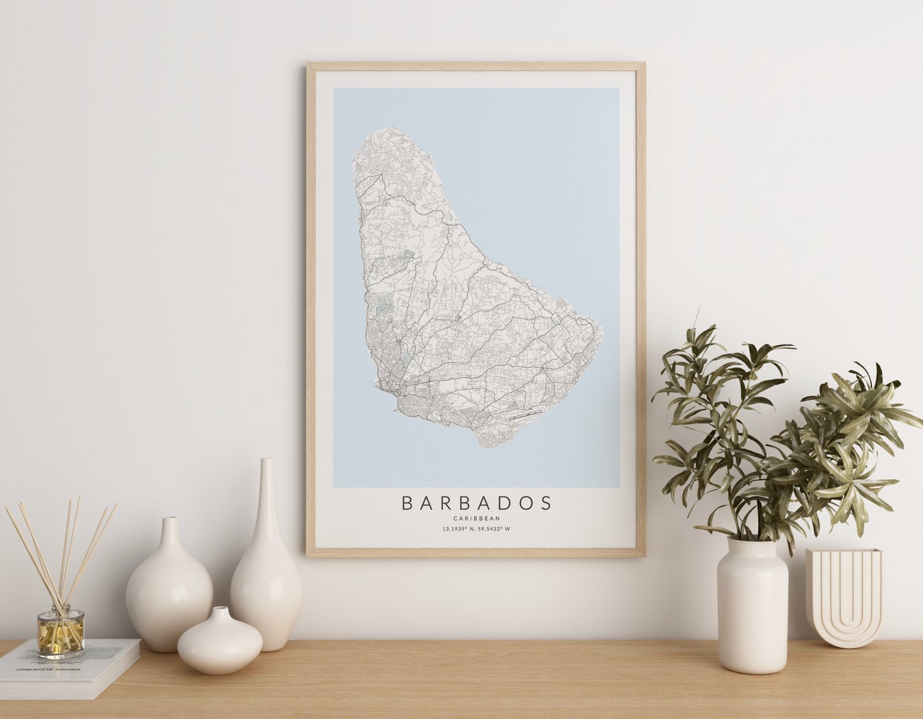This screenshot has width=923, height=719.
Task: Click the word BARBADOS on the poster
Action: point(476,503)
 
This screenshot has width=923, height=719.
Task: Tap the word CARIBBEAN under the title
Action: point(476,518)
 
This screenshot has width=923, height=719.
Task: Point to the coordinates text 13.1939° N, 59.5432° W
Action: point(476,529)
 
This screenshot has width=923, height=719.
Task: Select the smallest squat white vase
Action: point(220,641)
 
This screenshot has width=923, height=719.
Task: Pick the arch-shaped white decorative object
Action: point(844,598)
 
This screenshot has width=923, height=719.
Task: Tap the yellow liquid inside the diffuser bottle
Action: point(61,639)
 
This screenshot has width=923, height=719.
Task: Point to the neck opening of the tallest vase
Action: point(267,461)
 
